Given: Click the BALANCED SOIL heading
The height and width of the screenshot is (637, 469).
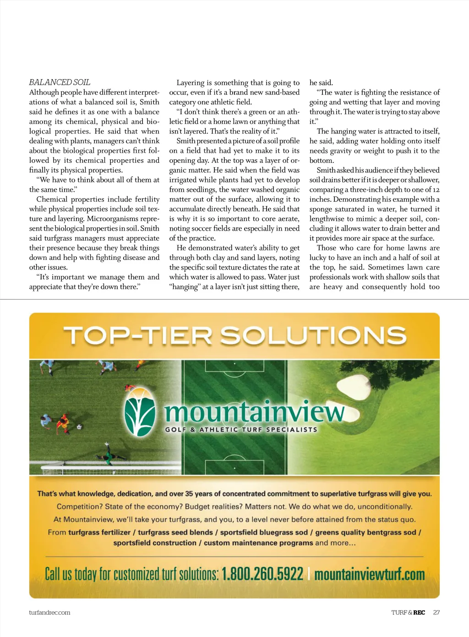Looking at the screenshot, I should point(60,82).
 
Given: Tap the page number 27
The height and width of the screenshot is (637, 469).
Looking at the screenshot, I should point(436,612).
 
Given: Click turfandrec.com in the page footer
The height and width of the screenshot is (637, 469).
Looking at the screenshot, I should point(49,612).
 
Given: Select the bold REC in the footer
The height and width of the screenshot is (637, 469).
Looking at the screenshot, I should point(419,612).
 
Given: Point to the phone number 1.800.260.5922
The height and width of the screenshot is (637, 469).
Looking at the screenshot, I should point(262,574).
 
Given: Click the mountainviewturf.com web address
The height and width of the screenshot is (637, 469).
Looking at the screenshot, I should point(370,574).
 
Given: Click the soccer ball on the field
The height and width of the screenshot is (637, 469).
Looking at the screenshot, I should point(79,426).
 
